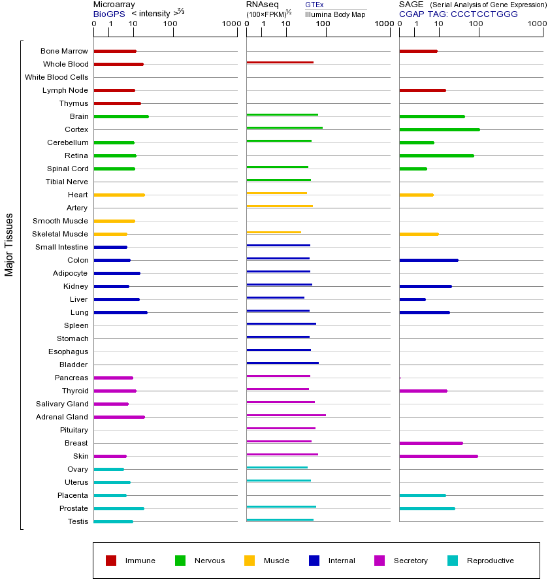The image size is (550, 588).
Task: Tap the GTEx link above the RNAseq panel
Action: tap(314, 5)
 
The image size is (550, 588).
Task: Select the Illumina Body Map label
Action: tap(335, 14)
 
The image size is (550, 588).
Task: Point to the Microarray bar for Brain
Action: tap(121, 116)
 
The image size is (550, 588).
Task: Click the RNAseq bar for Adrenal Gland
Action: tap(286, 415)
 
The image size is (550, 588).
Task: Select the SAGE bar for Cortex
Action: tap(439, 129)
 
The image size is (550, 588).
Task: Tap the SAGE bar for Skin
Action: tap(438, 456)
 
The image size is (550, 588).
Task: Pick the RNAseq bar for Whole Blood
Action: tap(280, 62)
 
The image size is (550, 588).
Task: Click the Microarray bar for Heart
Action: tap(119, 195)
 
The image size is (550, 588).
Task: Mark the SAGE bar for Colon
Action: tap(429, 260)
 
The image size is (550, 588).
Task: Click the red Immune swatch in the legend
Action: tap(111, 561)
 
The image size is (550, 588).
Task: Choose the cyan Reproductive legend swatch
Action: tap(453, 561)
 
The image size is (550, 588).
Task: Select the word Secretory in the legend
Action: tap(410, 561)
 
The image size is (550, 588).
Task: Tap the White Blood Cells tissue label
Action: tap(56, 77)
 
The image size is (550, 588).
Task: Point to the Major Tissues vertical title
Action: tap(9, 244)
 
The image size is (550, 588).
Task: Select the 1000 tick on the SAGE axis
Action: tap(536, 24)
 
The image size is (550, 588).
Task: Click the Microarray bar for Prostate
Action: tap(119, 508)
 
